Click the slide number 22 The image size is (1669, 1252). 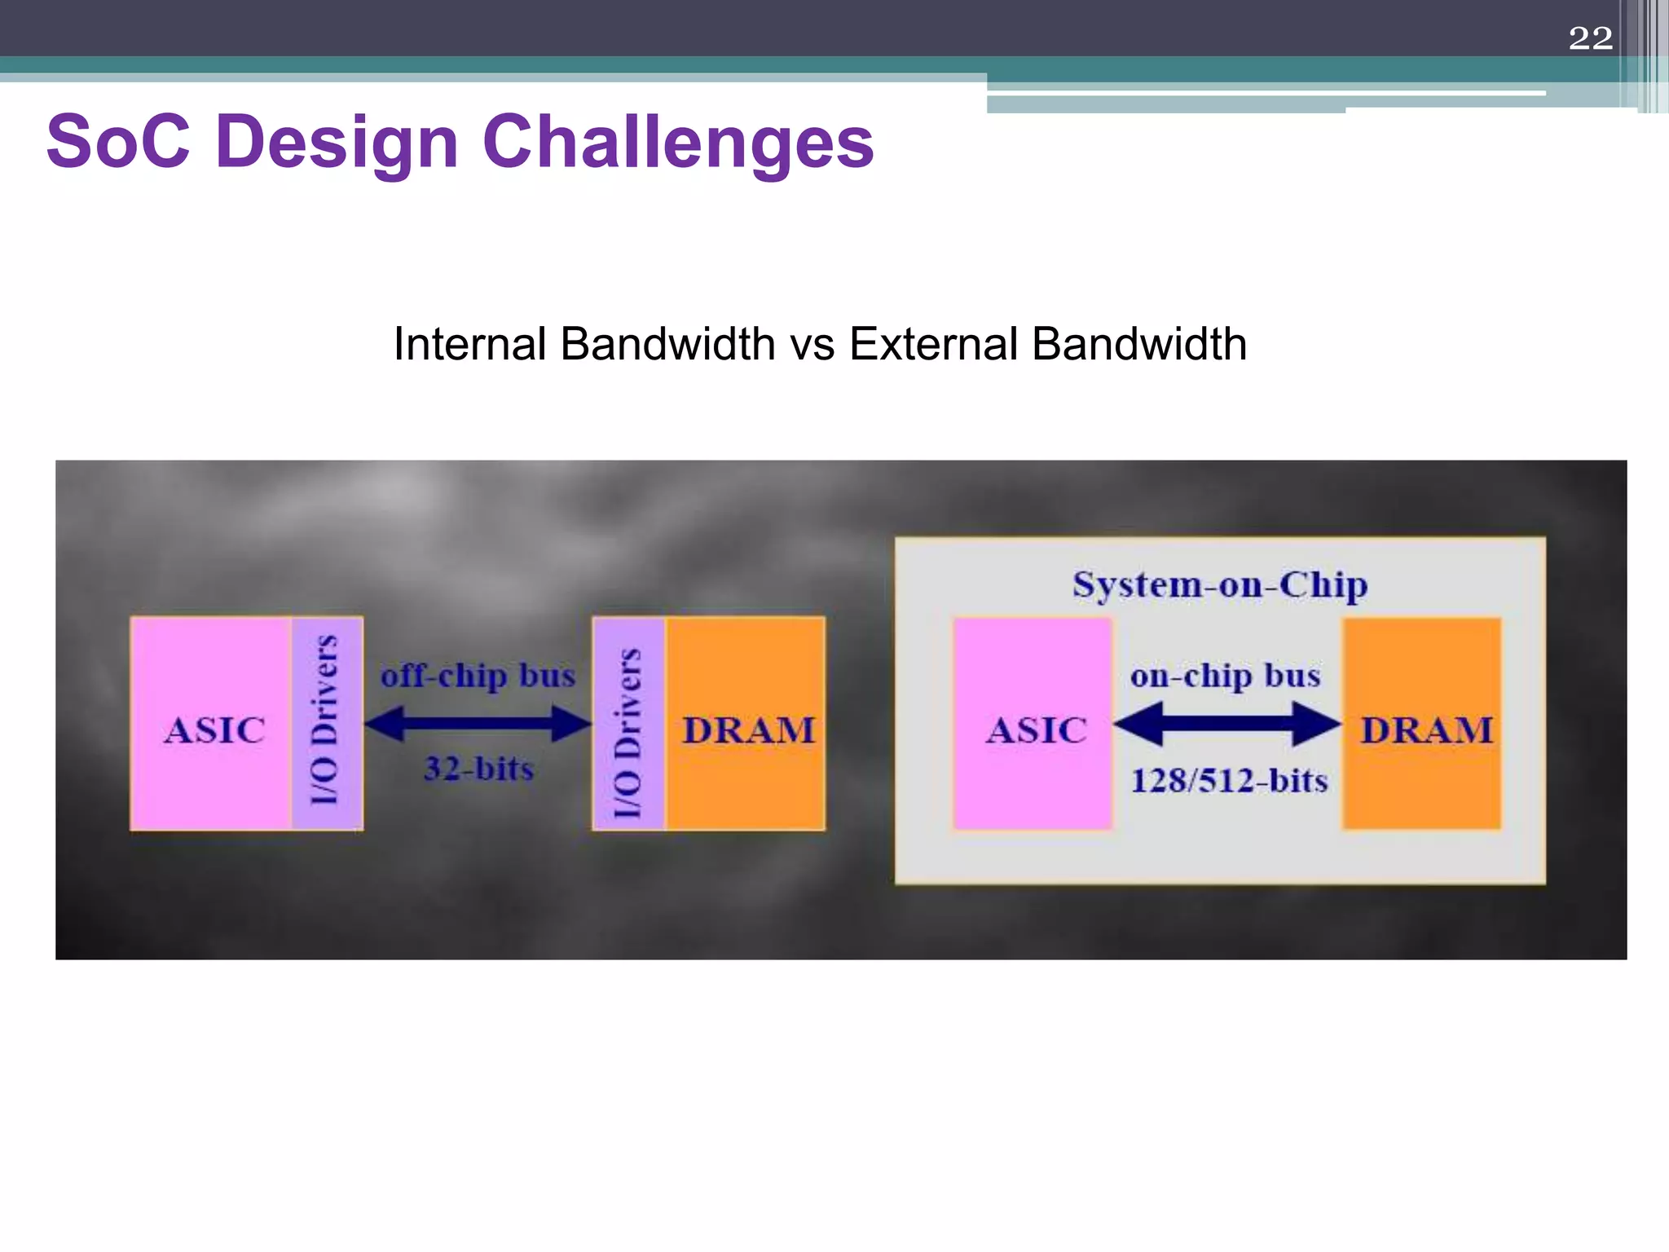pos(1590,38)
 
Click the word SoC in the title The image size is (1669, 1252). pos(118,142)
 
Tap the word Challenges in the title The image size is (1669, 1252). pos(678,143)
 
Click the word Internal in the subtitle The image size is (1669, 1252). pos(469,344)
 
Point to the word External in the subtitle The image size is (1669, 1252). pos(931,344)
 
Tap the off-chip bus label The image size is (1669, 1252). pos(478,676)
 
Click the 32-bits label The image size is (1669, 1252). pos(478,769)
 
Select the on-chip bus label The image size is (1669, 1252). pos(1225,676)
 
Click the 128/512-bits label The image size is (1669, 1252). pos(1229,781)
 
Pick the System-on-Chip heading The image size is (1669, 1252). pos(1219,584)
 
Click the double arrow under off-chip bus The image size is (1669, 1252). pos(478,723)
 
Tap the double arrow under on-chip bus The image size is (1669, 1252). pos(1226,723)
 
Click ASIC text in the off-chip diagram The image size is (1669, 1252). pos(214,730)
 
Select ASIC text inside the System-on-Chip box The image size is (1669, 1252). pos(1036,730)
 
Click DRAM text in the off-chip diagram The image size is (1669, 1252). pos(748,730)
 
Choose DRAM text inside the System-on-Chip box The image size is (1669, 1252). pos(1426,730)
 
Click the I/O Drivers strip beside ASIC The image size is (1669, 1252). pos(326,722)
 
